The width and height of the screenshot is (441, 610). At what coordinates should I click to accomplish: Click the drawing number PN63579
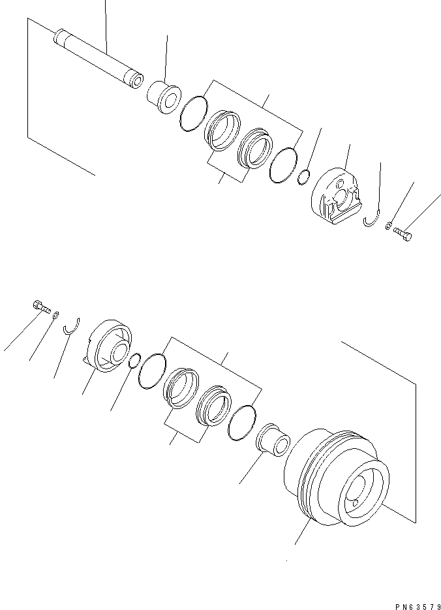[418, 606]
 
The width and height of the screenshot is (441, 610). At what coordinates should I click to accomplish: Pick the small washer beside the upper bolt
[388, 225]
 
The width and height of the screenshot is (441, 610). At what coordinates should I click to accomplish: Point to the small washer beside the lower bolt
[56, 314]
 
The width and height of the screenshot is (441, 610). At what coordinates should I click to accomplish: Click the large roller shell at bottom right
[337, 478]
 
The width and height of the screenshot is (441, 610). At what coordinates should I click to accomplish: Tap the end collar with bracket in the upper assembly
[337, 196]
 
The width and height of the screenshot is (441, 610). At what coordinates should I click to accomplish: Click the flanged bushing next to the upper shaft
[164, 97]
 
